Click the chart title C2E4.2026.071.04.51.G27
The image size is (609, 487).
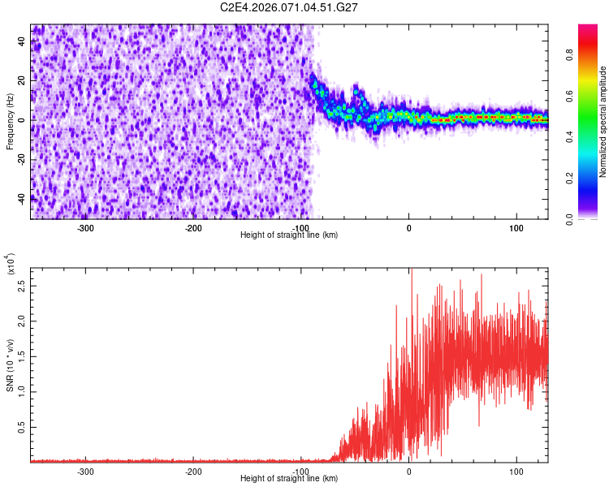point(289,7)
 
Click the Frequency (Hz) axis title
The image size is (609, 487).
point(10,122)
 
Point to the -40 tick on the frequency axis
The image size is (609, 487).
point(20,197)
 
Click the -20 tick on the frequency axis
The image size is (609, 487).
point(20,158)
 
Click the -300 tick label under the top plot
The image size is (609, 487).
point(85,227)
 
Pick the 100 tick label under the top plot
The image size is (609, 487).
point(516,227)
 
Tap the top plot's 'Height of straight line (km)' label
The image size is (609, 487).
point(289,235)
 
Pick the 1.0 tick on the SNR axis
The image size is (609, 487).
point(21,390)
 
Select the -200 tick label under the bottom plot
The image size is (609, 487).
point(193,471)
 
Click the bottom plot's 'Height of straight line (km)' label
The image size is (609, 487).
point(289,479)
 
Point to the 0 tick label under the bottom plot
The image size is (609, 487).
point(408,471)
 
